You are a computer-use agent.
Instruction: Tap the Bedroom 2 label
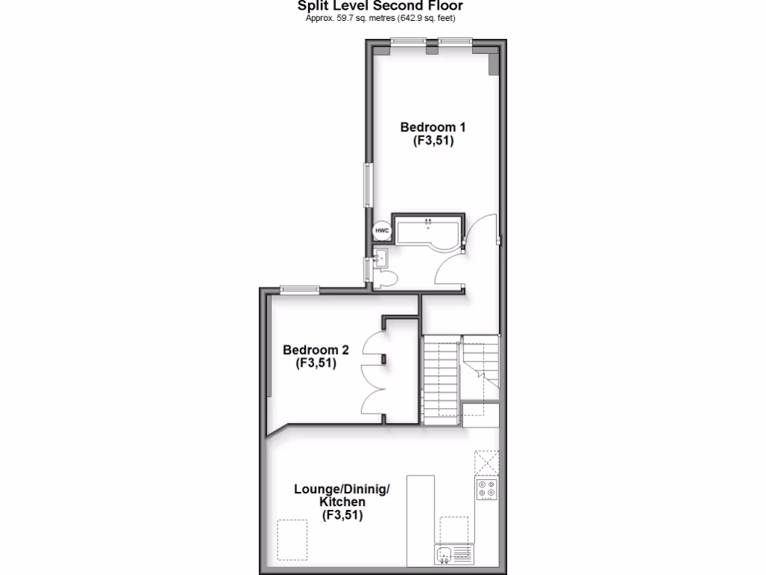click(x=316, y=350)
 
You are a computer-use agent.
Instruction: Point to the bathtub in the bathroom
click(x=427, y=231)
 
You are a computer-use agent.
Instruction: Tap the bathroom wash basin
click(x=379, y=259)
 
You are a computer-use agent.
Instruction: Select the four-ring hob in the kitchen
click(x=486, y=490)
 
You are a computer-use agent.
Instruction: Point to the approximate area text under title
click(x=381, y=18)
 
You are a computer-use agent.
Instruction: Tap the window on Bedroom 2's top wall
click(x=300, y=289)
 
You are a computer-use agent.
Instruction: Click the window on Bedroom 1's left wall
click(x=367, y=184)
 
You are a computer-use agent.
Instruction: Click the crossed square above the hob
click(x=486, y=462)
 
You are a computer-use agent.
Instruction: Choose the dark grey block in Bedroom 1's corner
click(x=494, y=63)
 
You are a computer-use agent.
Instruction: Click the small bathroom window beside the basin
click(x=367, y=268)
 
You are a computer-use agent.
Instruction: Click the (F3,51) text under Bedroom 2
click(x=316, y=364)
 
